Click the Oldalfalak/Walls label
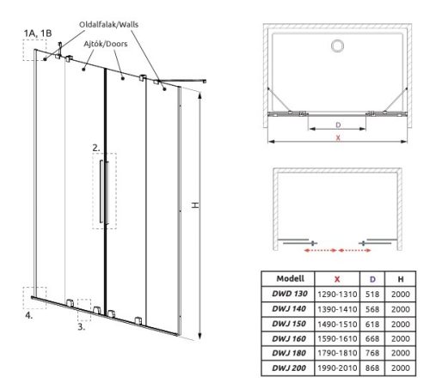[108, 25]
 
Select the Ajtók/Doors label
[106, 44]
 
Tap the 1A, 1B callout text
[38, 33]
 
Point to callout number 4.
[28, 315]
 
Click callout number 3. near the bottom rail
[82, 326]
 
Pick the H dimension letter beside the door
[195, 205]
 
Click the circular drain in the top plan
[337, 46]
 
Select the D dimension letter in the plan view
[338, 125]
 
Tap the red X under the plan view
[338, 137]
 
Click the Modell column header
[290, 278]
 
